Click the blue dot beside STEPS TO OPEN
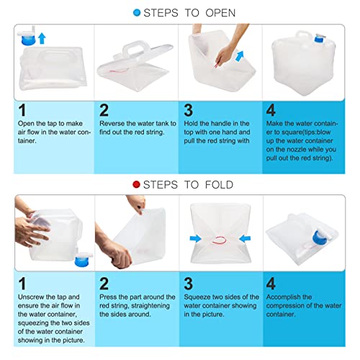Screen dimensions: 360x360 click(x=137, y=13)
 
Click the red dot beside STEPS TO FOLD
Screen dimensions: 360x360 click(x=136, y=184)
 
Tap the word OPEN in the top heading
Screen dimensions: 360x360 click(x=220, y=13)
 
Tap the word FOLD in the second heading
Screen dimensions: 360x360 click(x=219, y=185)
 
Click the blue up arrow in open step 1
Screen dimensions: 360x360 click(x=42, y=38)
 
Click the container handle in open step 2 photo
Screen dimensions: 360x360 click(x=133, y=50)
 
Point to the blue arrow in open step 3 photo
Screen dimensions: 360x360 click(x=240, y=57)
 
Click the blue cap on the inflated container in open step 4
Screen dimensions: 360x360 click(x=319, y=39)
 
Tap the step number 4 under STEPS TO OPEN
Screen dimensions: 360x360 click(x=271, y=110)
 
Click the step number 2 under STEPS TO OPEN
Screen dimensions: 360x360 click(x=104, y=110)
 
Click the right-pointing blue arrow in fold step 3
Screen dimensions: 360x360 click(x=196, y=238)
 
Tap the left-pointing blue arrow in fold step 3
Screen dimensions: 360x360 click(x=245, y=238)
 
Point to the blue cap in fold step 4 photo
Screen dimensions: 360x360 click(x=319, y=238)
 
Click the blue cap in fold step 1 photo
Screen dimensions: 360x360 click(x=81, y=261)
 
